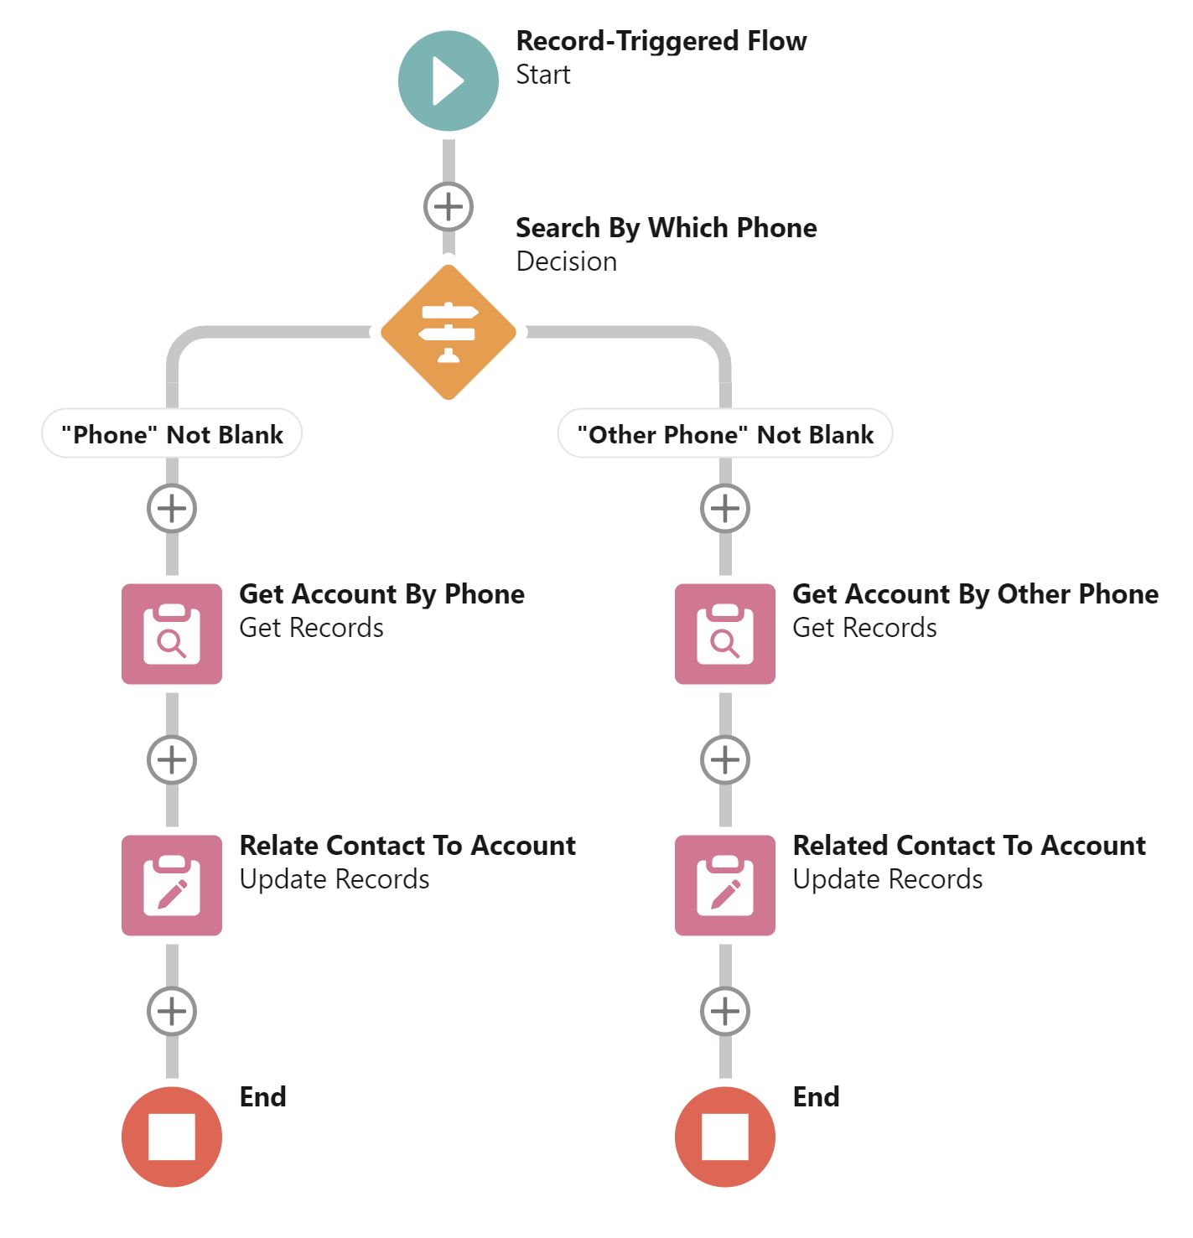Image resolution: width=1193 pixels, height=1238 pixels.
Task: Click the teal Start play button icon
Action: (448, 81)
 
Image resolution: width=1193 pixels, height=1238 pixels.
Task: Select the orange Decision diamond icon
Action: (449, 333)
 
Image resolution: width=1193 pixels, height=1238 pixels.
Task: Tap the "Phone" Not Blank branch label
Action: (172, 434)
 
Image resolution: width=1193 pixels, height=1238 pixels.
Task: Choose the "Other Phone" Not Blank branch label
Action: (725, 434)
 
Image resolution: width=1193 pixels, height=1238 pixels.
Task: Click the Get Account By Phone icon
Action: (172, 634)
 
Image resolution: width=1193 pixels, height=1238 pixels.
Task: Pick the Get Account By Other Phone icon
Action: (725, 634)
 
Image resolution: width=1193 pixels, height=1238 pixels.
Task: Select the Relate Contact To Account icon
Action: (172, 885)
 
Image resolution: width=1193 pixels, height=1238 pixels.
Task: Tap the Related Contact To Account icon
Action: (725, 885)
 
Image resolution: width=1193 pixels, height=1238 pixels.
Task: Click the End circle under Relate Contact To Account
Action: (172, 1137)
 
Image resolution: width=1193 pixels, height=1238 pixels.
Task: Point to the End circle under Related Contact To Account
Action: (725, 1137)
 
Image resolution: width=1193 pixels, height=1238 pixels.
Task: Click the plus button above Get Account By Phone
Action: (172, 508)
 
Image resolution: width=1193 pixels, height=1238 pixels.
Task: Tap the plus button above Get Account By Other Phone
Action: (725, 508)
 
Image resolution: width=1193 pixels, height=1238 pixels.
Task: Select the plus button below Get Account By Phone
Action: (172, 759)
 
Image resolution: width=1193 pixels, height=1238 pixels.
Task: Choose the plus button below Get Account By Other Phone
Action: (725, 759)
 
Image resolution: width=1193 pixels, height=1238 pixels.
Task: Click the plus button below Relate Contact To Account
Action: (172, 1011)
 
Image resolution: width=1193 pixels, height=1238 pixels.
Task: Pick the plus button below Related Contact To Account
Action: (725, 1011)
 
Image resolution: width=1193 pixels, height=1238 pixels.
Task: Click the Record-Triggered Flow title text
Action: (661, 41)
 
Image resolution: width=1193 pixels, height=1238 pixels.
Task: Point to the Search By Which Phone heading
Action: (666, 228)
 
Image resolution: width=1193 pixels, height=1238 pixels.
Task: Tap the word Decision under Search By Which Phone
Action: (566, 262)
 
